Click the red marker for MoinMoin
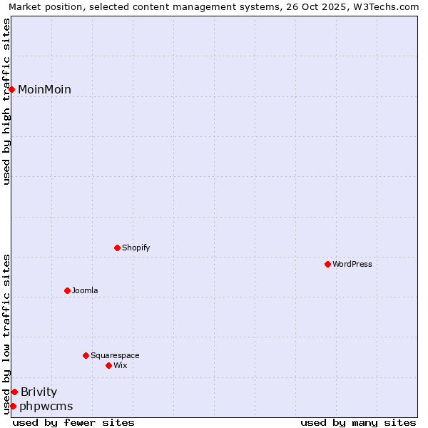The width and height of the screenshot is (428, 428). [12, 89]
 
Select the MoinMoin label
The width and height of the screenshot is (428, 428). [44, 89]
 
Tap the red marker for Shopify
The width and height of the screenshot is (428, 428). [117, 248]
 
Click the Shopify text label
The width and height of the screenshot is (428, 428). [136, 248]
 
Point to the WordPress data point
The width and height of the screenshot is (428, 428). [327, 264]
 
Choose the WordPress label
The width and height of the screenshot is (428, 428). [352, 264]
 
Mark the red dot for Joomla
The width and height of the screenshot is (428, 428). [67, 290]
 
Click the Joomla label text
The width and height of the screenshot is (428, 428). [85, 290]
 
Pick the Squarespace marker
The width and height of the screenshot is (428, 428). [86, 355]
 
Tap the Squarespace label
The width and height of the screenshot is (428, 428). [115, 355]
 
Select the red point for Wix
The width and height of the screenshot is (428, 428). [108, 365]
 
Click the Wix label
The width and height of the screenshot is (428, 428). [120, 365]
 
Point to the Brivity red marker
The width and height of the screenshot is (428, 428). [14, 392]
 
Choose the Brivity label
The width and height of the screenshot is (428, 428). [39, 392]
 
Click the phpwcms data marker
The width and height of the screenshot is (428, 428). [13, 406]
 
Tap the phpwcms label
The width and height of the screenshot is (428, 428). [46, 407]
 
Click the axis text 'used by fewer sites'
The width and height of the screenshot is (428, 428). [73, 422]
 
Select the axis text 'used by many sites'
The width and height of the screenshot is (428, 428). [358, 422]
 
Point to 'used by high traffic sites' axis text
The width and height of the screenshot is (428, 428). [6, 101]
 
